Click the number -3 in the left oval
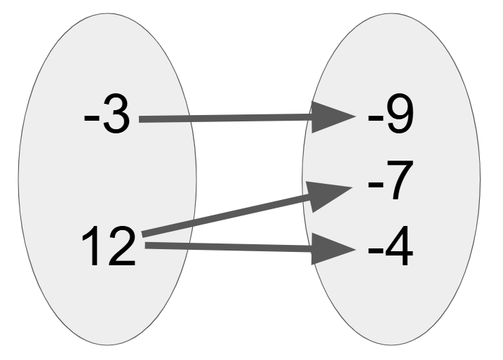(107, 115)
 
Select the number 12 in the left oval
(109, 246)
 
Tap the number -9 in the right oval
(390, 114)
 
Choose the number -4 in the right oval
(390, 246)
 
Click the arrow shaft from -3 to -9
(225, 119)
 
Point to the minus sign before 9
(375, 119)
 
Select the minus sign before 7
(375, 185)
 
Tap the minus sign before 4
(375, 250)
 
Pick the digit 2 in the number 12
(122, 246)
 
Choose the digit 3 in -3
(116, 115)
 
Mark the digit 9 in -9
(400, 114)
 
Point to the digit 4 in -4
(398, 246)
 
